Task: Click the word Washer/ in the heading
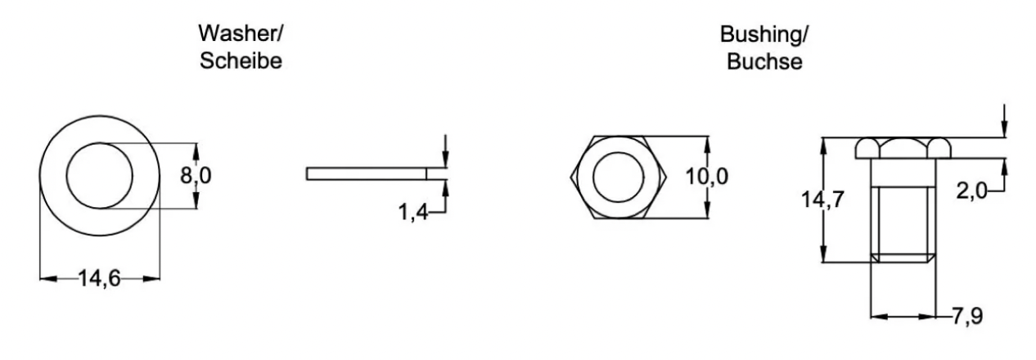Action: click(x=241, y=34)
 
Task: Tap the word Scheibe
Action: click(x=241, y=61)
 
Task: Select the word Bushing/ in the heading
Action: click(x=764, y=35)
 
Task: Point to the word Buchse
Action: click(x=764, y=62)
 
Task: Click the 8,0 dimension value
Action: click(x=196, y=176)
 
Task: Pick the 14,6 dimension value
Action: click(x=100, y=278)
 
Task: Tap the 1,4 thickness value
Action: click(x=413, y=213)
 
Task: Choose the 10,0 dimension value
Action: click(x=707, y=177)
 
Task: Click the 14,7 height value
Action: click(x=822, y=200)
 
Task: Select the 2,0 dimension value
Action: click(x=971, y=191)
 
